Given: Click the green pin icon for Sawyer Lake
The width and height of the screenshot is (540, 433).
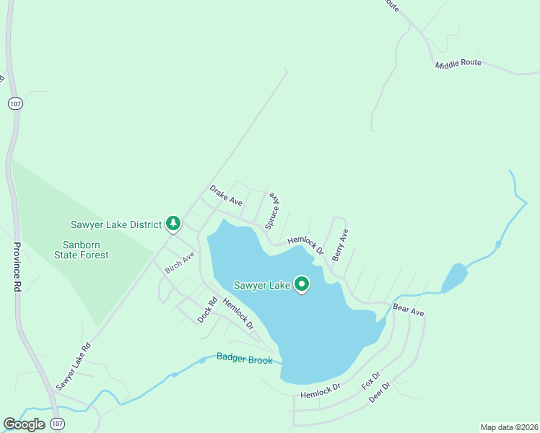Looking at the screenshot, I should (x=302, y=286).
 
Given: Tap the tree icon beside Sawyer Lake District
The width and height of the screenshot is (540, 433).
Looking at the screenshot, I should (x=173, y=224).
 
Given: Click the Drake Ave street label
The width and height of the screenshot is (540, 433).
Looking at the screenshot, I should (x=225, y=195).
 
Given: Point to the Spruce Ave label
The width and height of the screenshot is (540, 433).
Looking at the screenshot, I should (x=271, y=211).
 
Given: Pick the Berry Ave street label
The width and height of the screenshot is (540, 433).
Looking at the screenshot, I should (x=340, y=245).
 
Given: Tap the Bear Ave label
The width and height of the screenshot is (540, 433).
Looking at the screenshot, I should (x=408, y=309).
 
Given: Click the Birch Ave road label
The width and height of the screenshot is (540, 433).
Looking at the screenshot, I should (x=180, y=263).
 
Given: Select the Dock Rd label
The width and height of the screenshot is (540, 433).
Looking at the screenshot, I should (x=208, y=311).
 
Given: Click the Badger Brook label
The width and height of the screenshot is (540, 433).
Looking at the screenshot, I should (x=245, y=358).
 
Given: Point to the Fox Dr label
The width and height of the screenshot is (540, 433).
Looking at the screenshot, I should (x=370, y=380).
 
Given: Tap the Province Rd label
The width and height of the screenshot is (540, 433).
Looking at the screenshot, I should (x=17, y=268).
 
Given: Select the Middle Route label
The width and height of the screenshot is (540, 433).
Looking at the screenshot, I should (x=458, y=64).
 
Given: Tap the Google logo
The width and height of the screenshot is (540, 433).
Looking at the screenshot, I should (x=24, y=424).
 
